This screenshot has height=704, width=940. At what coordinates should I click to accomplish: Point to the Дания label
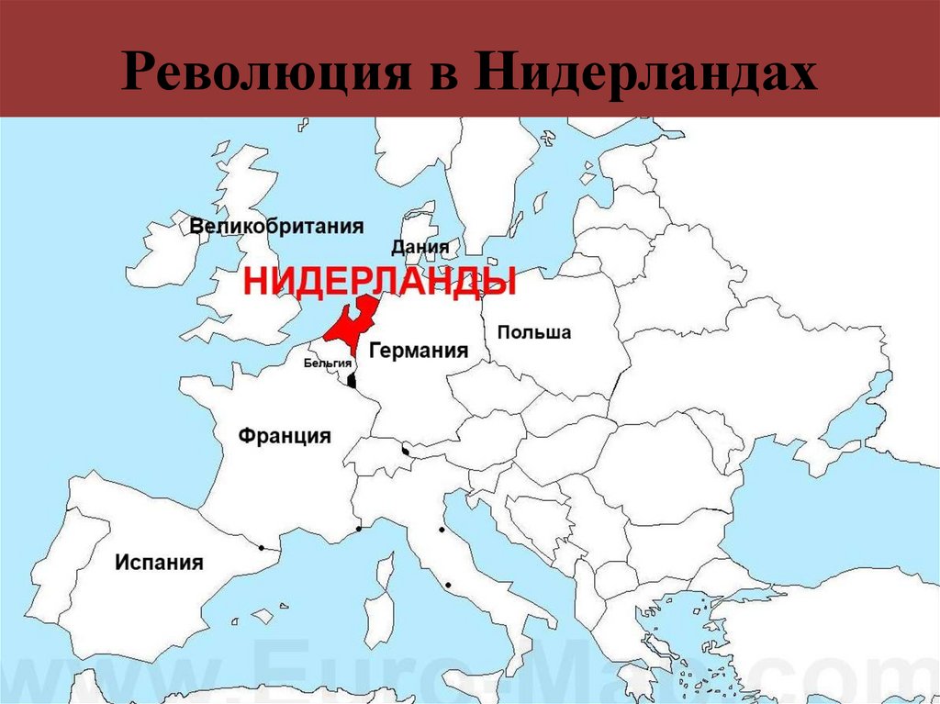(420, 247)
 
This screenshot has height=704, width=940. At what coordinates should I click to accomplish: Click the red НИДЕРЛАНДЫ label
(379, 282)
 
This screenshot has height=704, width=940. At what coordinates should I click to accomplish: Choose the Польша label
(533, 332)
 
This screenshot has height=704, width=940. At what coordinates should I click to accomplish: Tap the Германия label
(419, 351)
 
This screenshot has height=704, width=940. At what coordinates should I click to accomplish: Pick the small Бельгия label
(328, 363)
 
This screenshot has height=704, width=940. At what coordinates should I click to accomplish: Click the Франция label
(285, 435)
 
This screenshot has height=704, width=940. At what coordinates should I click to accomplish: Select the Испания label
(159, 562)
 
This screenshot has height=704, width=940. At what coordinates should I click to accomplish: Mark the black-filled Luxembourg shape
(352, 381)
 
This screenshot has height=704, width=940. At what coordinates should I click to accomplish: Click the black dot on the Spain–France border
(262, 548)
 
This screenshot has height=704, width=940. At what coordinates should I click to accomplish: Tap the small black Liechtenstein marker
(405, 451)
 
